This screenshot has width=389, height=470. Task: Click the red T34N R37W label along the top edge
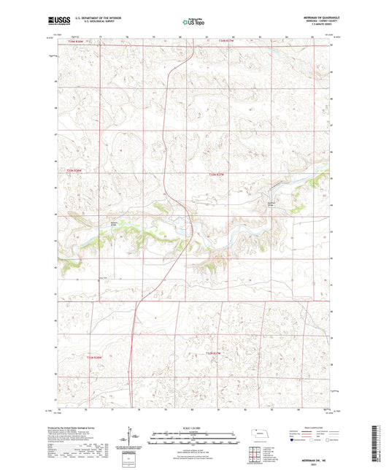click(x=226, y=42)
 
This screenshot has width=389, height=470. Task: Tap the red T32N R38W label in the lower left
click(x=96, y=357)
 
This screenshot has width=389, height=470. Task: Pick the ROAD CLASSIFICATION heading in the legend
click(x=315, y=427)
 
